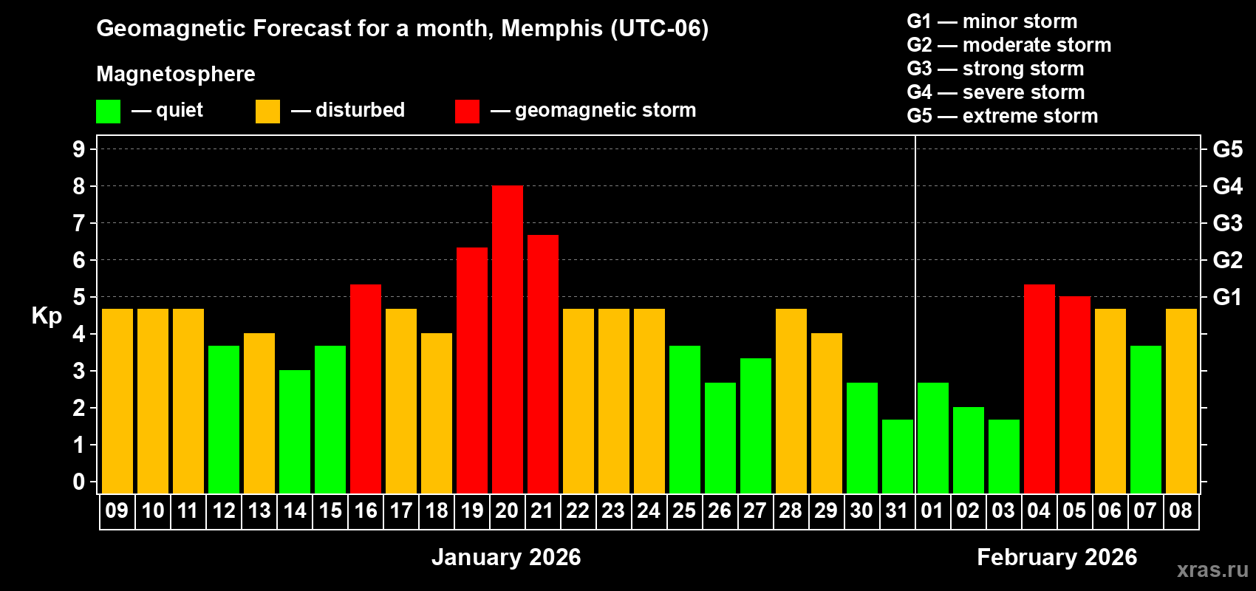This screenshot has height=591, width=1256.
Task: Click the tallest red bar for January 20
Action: coord(507,340)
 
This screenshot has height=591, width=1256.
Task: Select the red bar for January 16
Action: coord(365,389)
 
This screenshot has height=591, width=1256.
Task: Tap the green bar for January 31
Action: coord(897,457)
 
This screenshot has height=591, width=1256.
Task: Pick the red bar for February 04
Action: coord(1039,389)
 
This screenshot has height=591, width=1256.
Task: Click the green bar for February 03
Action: coord(1003,457)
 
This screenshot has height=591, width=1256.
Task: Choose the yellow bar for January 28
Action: coord(791,401)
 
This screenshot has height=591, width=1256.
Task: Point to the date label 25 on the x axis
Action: coord(684,510)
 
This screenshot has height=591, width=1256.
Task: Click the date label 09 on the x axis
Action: coord(117,510)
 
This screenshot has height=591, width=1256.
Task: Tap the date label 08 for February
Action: coord(1181,510)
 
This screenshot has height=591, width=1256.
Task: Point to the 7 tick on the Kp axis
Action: coord(79,223)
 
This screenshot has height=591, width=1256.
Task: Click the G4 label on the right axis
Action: coord(1227,186)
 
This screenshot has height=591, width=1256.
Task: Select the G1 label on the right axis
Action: coord(1227,297)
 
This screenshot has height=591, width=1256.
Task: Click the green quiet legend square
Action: coord(108,112)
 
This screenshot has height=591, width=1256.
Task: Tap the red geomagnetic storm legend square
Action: coord(467,112)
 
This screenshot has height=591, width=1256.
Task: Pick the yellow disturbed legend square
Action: coord(267,112)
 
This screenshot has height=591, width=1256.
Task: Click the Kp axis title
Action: coord(47,315)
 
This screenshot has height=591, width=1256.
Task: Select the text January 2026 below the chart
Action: coord(506,557)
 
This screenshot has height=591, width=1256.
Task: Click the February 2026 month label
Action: coord(1057,557)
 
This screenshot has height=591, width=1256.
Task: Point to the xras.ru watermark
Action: coord(1212,570)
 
